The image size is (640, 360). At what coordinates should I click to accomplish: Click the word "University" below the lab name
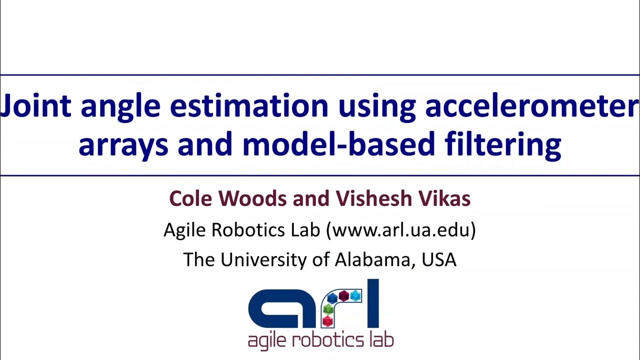263,259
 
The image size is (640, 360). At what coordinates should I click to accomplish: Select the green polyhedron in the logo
328,309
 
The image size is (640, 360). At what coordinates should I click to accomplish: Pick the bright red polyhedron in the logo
327,321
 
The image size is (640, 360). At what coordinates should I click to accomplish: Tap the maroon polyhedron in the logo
343,296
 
